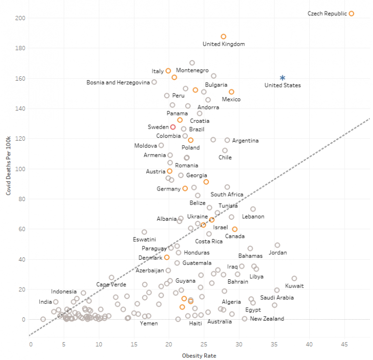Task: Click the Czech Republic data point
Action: (x=351, y=14)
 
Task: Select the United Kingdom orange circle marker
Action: (x=223, y=36)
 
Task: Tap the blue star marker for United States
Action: (x=282, y=78)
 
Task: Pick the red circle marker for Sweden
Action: (x=173, y=127)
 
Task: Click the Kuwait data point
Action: (x=294, y=278)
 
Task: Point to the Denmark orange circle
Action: (x=167, y=257)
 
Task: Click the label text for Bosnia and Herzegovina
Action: (x=118, y=83)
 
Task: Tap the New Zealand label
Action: (x=267, y=319)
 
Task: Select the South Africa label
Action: (x=227, y=194)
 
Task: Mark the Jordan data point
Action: (x=277, y=245)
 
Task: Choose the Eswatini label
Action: (x=144, y=239)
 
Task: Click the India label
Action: (x=46, y=302)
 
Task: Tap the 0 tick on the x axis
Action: (x=31, y=344)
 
